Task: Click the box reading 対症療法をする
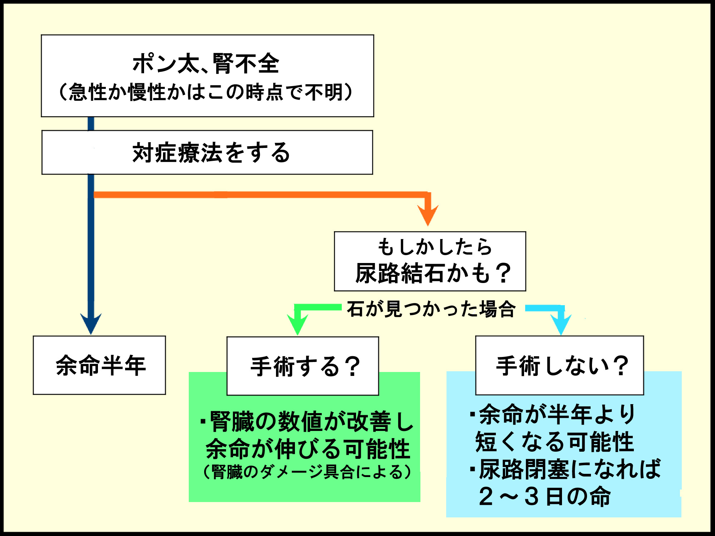coord(207,153)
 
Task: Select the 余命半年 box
coord(99,365)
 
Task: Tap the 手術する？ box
coord(303,366)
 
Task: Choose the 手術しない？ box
coord(559,365)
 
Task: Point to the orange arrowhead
coord(428,214)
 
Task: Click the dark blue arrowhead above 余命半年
coord(91,323)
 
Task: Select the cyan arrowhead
coord(561,324)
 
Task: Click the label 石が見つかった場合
coord(431,309)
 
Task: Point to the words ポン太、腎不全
coord(206,64)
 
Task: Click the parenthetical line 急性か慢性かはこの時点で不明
coord(206,92)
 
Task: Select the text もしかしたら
coord(435,247)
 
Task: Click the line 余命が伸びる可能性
coord(307,449)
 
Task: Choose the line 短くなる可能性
coord(554,442)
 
